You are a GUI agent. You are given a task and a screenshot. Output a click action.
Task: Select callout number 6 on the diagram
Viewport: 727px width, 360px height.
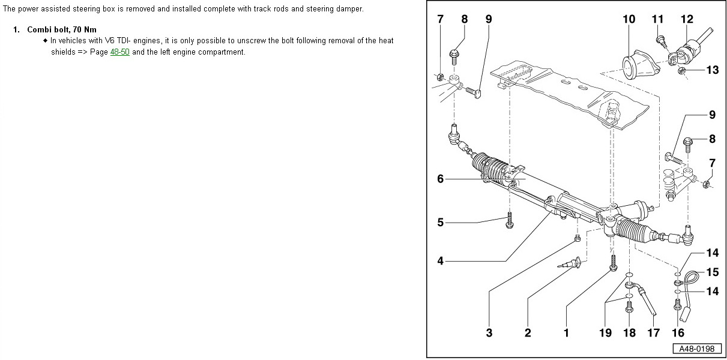(440, 179)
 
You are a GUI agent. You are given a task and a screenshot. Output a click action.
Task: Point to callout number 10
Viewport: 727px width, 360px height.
(629, 19)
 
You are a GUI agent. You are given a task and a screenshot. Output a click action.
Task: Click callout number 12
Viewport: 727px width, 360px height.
(687, 19)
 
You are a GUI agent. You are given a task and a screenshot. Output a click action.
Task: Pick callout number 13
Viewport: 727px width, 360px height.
(712, 70)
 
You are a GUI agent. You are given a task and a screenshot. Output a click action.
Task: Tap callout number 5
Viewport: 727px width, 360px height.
(440, 223)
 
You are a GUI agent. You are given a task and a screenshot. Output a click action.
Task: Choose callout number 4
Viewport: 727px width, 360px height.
(440, 261)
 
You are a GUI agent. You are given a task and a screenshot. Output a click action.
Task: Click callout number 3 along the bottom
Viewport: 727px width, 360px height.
(489, 332)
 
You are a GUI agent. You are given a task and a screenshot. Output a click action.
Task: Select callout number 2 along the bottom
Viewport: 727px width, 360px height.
(528, 332)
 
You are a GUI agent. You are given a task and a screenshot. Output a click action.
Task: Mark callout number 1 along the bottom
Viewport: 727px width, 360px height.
(566, 332)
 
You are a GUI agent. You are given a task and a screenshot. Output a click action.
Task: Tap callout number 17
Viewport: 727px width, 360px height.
(653, 332)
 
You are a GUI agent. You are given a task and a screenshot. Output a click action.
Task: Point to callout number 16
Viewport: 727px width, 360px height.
(678, 332)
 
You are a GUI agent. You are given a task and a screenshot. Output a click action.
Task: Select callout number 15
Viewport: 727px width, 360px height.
(712, 272)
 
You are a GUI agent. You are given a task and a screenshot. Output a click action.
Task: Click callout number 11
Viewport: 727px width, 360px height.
(658, 19)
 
